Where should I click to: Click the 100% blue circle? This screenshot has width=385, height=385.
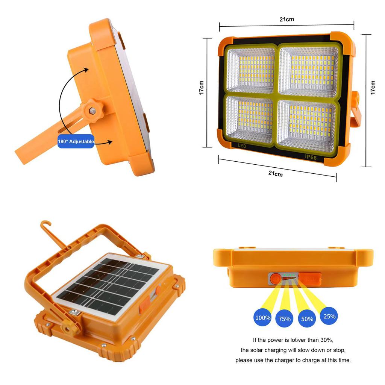point(263,318)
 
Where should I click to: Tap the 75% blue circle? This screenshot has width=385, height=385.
point(285,319)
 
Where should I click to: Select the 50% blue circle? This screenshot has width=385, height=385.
point(307,319)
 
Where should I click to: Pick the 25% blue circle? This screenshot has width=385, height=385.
point(329,316)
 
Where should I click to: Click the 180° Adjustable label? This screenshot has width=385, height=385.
point(76,141)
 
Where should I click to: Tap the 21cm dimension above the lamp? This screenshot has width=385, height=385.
point(287,20)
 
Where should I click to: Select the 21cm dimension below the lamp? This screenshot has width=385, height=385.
point(276,173)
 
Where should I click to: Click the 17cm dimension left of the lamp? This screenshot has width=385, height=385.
point(202,87)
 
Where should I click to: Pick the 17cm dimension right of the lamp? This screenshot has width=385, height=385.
point(373,87)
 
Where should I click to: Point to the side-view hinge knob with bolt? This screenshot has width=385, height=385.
point(91,110)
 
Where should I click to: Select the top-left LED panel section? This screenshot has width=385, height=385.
point(251,70)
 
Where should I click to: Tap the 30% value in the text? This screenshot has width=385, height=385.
point(325,340)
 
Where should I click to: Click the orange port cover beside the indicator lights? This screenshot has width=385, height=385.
point(310,279)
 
